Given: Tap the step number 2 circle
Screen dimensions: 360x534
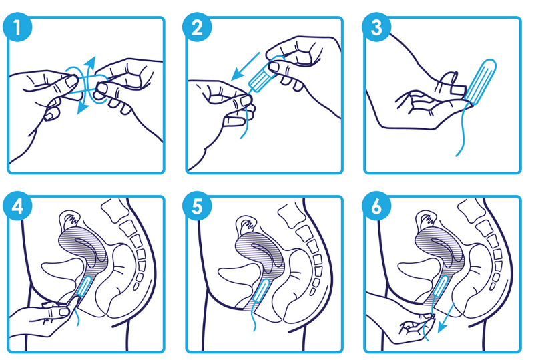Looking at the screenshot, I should pos(195,29).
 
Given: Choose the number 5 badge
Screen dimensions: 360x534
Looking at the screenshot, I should pos(195,208).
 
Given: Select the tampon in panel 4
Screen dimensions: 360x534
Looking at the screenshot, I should pos(83,288).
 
